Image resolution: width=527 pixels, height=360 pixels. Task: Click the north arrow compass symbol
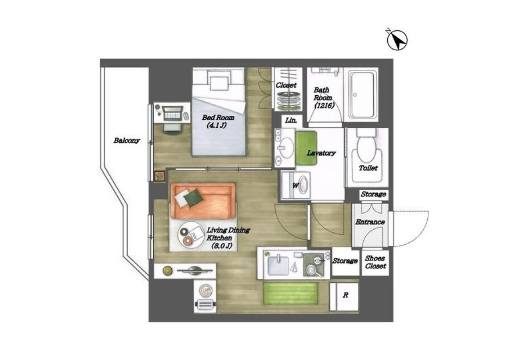tap(397, 40)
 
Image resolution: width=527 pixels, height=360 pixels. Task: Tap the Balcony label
tap(127, 140)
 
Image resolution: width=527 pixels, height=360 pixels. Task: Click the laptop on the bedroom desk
tap(172, 113)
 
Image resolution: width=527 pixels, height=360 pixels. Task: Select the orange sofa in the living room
tap(203, 201)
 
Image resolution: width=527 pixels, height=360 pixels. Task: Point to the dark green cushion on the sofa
tap(193, 198)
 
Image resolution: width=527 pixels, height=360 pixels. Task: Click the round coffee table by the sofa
tap(191, 235)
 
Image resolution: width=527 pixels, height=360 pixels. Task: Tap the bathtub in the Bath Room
tap(361, 95)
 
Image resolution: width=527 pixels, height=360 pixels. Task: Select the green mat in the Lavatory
tap(306, 148)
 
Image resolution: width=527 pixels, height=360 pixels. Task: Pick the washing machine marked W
tap(296, 186)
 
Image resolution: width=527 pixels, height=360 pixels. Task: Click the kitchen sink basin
tap(278, 266)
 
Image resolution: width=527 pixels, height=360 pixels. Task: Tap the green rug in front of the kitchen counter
tap(291, 293)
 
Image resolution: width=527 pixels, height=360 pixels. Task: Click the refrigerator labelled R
tap(344, 296)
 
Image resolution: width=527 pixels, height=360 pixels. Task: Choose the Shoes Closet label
tap(375, 262)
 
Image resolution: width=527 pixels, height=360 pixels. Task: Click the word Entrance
tap(370, 222)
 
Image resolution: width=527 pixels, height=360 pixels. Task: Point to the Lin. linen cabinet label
tap(291, 120)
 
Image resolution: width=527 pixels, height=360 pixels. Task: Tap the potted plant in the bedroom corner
tap(159, 176)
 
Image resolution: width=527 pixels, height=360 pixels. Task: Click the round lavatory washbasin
tap(286, 148)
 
